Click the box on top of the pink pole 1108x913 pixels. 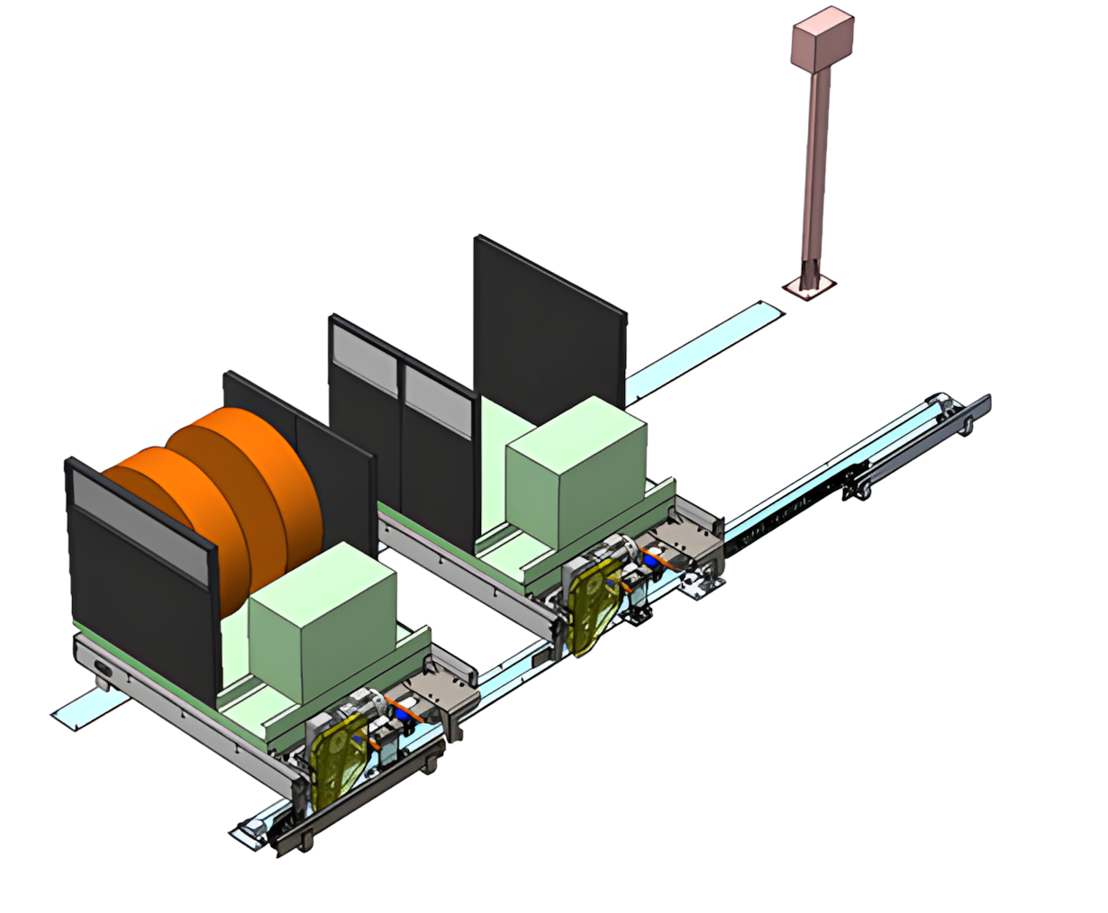tap(822, 40)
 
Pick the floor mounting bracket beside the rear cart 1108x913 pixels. tap(700, 587)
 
